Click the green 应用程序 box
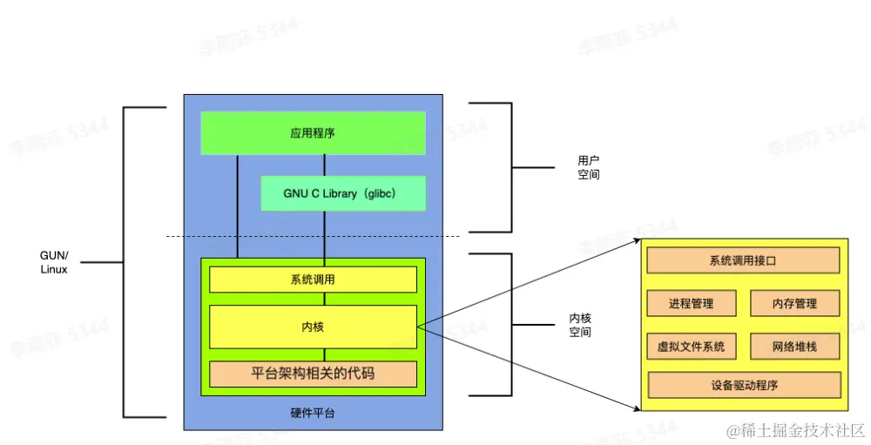point(313,133)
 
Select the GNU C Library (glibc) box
point(343,193)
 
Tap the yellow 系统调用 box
point(313,280)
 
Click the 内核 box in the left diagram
point(313,327)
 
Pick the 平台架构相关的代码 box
point(313,374)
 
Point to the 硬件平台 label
point(312,413)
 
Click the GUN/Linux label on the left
point(54,262)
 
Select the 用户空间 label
point(589,168)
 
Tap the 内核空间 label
point(580,326)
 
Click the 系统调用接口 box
point(743,260)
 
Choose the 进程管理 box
point(691,303)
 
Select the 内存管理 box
point(794,303)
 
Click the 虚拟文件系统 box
point(691,346)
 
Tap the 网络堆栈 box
point(794,346)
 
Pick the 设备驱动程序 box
point(743,385)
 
